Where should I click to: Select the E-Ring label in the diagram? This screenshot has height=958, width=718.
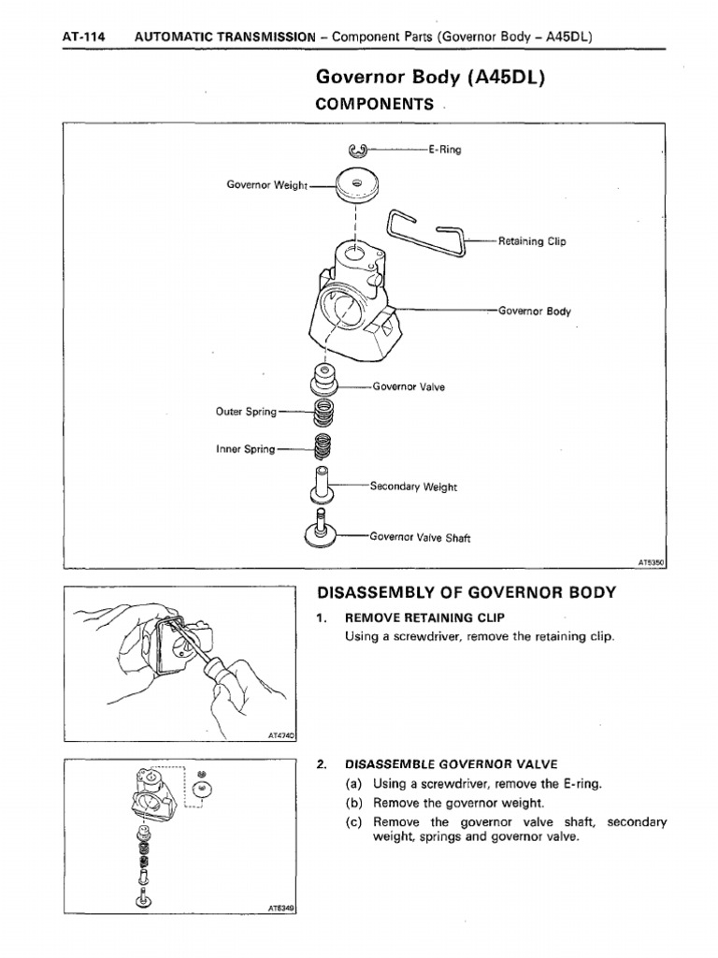[444, 149]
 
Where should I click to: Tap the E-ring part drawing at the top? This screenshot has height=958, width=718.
[358, 150]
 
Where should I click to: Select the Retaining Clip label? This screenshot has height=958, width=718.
[533, 240]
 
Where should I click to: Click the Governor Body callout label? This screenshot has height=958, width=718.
[534, 311]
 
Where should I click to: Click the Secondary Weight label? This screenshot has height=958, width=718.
[414, 486]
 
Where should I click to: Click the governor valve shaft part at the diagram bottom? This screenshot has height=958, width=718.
[321, 532]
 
